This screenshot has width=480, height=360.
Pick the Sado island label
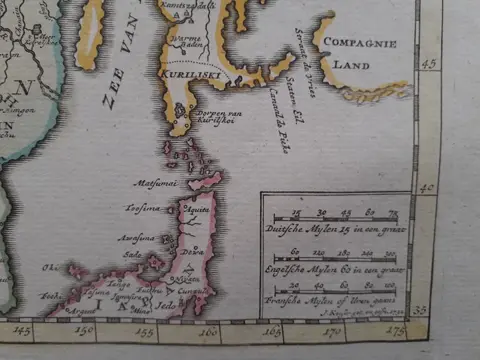pos(130,255)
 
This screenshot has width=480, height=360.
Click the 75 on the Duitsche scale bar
pos(393,214)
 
